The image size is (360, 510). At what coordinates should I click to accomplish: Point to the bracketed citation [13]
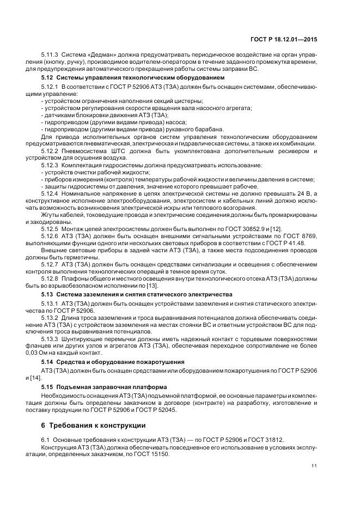tap(151, 286)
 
